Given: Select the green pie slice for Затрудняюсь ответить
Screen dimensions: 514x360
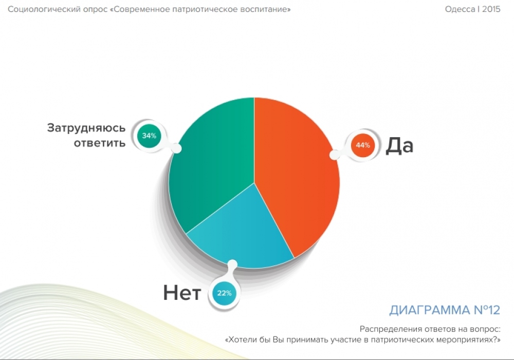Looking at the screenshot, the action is [210, 164].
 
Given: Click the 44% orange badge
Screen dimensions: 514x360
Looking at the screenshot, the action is [363, 145].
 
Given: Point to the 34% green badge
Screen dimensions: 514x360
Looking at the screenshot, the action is [149, 136].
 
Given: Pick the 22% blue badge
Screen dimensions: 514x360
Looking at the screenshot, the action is [224, 293].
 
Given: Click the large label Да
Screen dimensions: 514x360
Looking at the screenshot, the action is [399, 145].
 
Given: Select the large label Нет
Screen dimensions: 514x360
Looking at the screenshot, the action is [182, 293].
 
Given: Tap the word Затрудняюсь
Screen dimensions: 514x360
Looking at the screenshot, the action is [86, 128].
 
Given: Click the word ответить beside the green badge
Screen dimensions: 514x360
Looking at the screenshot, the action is [100, 143].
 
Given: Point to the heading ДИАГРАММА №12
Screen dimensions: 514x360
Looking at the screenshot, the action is [445, 310].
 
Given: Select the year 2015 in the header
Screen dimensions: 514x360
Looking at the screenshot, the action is [491, 9].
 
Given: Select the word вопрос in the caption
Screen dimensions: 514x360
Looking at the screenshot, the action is [486, 329].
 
